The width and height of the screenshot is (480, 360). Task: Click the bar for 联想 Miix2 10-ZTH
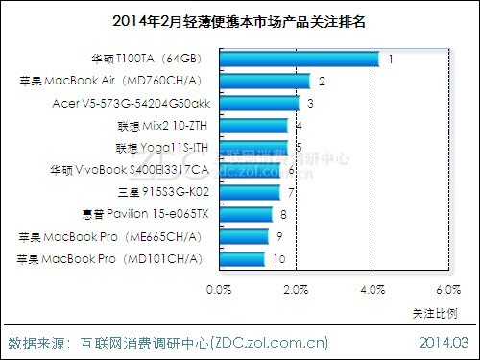254,125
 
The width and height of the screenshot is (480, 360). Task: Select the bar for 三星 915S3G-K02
249,192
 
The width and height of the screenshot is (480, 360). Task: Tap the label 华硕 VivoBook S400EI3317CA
129,170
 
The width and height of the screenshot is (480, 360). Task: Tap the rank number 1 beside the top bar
390,60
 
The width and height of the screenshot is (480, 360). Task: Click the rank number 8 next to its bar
282,214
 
